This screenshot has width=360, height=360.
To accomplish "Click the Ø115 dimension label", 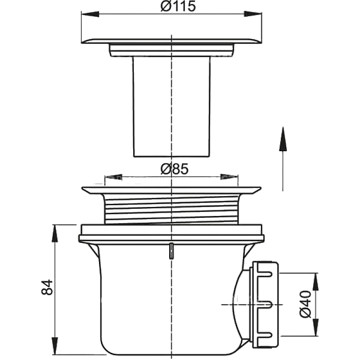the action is (178, 6).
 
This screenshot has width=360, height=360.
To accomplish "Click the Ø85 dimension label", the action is (175, 169).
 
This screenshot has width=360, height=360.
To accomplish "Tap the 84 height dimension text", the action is (47, 287).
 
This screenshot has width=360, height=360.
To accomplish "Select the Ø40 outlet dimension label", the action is (306, 305).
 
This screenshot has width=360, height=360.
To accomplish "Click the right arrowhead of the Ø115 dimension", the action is (253, 14).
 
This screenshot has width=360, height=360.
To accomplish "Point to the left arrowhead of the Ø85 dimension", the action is (113, 177).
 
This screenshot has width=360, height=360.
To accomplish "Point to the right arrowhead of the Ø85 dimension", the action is (229, 177).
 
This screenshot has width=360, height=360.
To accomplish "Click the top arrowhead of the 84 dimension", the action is (54, 233).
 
